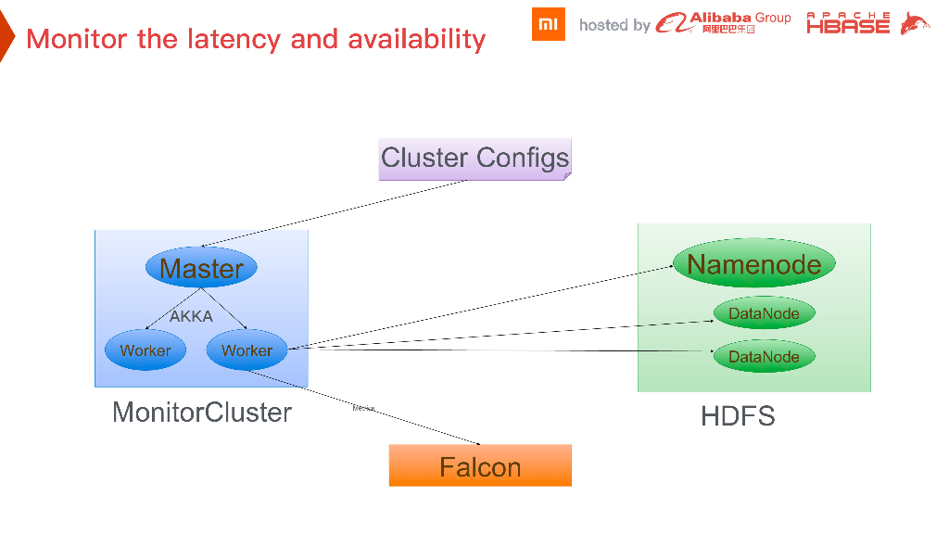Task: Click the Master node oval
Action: point(201,268)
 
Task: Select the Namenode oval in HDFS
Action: point(753,264)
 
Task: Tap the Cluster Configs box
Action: point(475,159)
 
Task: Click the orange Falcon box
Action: point(480,466)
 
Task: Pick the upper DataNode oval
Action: point(764,313)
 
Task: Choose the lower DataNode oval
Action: point(764,357)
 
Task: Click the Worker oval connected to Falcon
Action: point(247,350)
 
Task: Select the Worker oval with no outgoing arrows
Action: point(146,350)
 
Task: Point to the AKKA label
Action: point(191,316)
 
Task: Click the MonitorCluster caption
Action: point(202,413)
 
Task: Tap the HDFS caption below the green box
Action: point(738,415)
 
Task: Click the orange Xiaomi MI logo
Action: point(548,24)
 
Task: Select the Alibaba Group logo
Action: point(724,23)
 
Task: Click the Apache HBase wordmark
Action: point(848,24)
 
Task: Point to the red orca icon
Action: point(915,24)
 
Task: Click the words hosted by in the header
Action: point(614,25)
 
